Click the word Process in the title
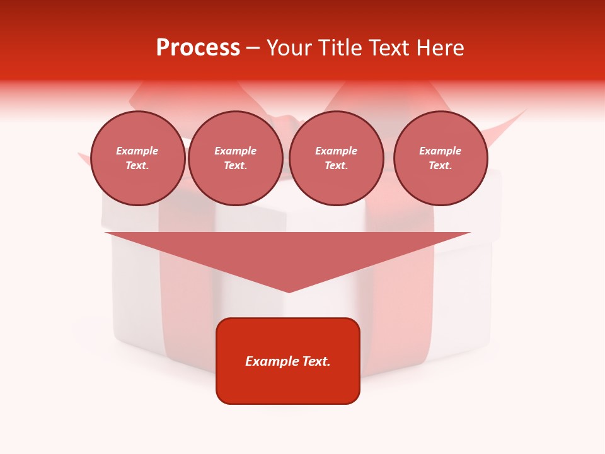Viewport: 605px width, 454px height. click(198, 48)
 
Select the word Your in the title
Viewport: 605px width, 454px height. click(290, 48)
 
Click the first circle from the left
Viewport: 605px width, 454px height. click(138, 158)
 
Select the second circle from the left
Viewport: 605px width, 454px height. click(236, 158)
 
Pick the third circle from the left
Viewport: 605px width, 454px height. click(337, 158)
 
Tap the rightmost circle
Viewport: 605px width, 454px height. click(441, 158)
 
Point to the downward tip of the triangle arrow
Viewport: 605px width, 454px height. click(289, 291)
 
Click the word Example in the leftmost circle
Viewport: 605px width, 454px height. click(137, 151)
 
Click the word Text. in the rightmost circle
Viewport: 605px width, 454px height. click(441, 166)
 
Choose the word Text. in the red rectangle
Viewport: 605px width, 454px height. click(317, 361)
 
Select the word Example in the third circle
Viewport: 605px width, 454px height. click(337, 151)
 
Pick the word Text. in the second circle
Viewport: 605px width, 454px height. click(236, 166)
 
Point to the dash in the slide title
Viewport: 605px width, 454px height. click(253, 49)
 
